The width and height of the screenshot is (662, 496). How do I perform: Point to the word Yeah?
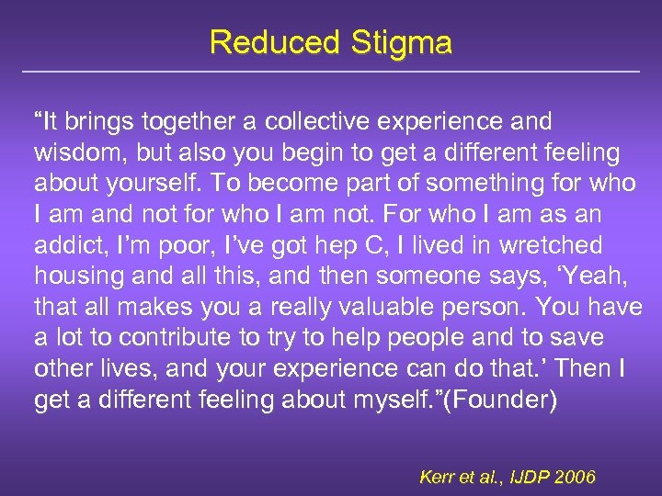click(598, 276)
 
